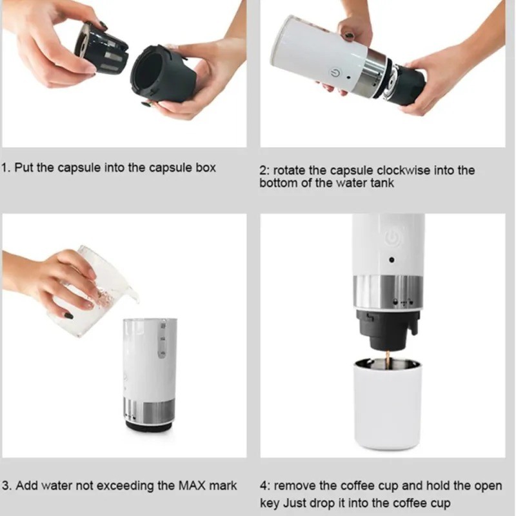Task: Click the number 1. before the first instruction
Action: pyautogui.click(x=6, y=168)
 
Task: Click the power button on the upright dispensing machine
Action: pyautogui.click(x=391, y=238)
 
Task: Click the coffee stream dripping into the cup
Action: pyautogui.click(x=388, y=359)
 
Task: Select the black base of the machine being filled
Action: pyautogui.click(x=148, y=426)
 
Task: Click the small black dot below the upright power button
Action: pyautogui.click(x=392, y=261)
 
